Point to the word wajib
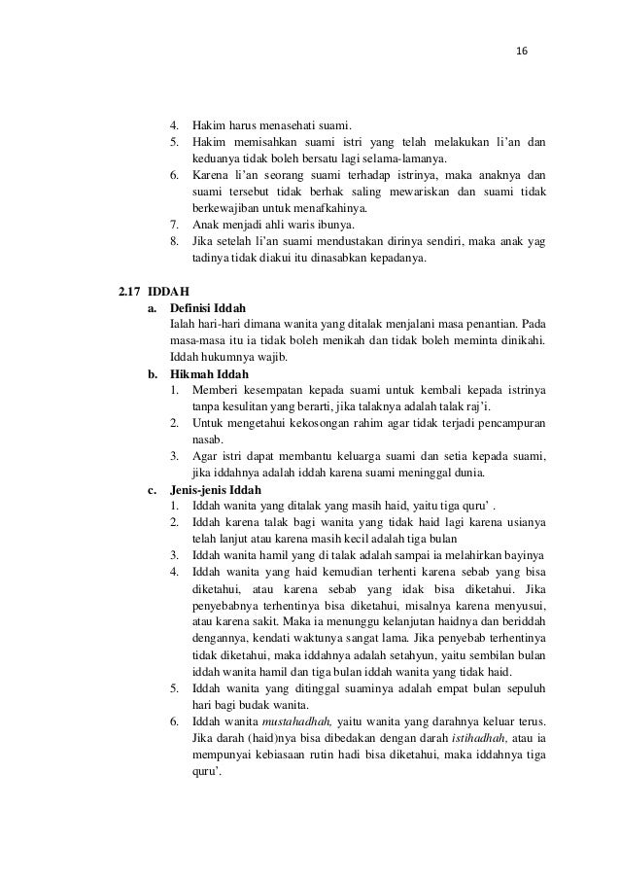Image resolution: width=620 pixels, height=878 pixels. tap(258, 357)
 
